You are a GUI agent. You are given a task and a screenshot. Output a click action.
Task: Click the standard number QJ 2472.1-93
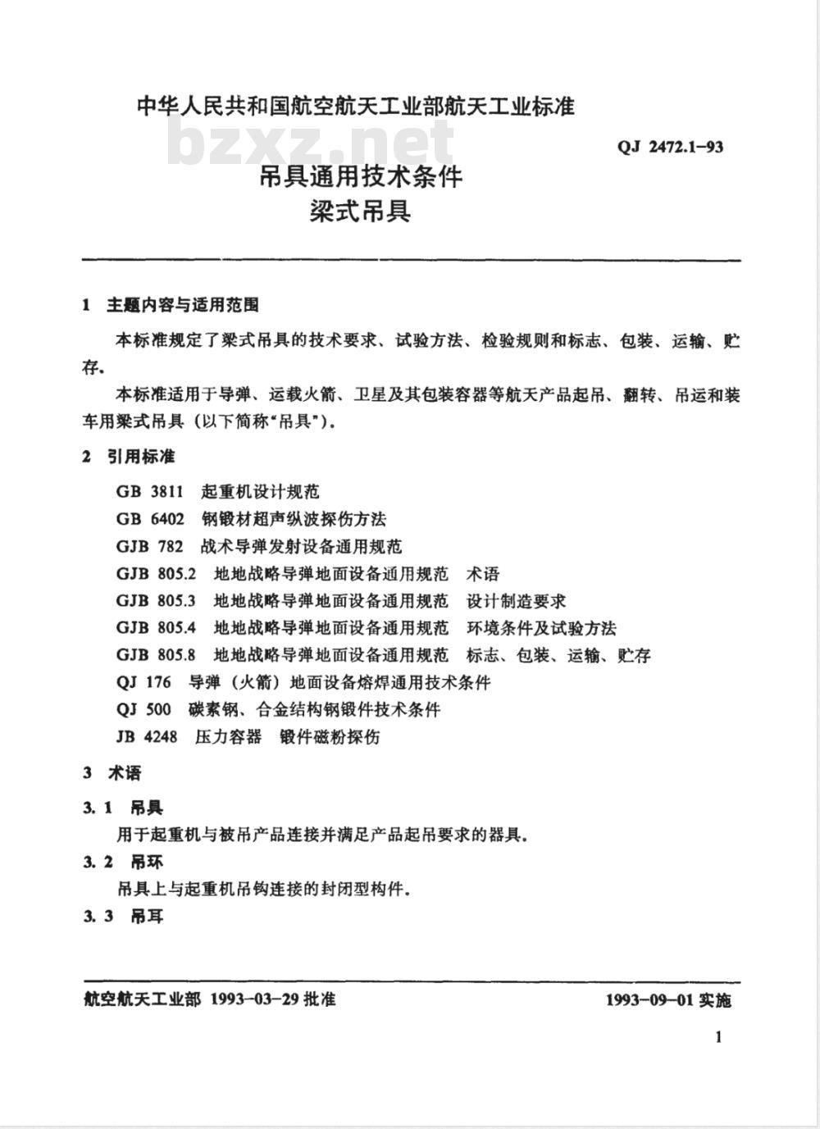(x=670, y=148)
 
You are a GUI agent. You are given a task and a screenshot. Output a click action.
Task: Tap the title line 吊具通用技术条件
(x=362, y=176)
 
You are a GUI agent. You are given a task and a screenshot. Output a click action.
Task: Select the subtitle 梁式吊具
(x=360, y=212)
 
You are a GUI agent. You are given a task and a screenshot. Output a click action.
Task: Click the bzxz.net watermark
(x=311, y=143)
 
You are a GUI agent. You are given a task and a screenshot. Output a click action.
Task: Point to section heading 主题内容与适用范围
(x=183, y=305)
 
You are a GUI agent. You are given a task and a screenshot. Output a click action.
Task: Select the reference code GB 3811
(x=149, y=492)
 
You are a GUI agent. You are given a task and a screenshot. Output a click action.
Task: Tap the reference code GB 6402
(x=150, y=519)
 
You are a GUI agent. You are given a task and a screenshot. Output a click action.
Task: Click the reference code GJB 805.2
(x=156, y=574)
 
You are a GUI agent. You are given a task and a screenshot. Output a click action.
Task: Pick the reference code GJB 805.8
(x=156, y=655)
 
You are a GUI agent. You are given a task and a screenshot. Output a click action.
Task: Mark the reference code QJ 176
(x=143, y=682)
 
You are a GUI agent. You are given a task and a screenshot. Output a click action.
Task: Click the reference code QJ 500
(x=143, y=709)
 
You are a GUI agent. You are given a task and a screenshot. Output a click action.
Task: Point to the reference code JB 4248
(x=146, y=736)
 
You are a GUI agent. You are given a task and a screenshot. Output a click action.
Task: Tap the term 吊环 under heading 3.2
(x=147, y=862)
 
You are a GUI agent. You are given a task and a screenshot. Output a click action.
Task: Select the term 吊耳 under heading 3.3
(x=147, y=916)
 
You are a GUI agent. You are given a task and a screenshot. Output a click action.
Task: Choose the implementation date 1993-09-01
(x=649, y=1000)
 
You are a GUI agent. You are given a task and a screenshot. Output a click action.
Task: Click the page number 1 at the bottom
(x=718, y=1037)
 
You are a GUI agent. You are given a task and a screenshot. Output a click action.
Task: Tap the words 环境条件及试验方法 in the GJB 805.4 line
(x=541, y=628)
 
